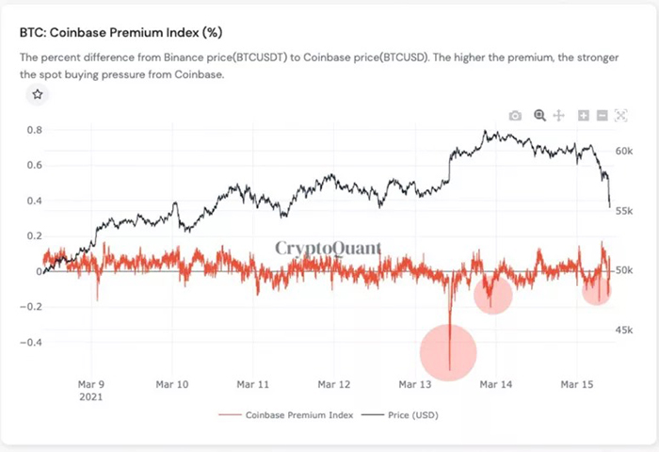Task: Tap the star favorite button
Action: point(37,94)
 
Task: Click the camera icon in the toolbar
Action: point(515,115)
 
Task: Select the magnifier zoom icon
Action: point(539,115)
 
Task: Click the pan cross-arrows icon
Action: point(558,115)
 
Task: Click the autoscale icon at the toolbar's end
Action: point(620,115)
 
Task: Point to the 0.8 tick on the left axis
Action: point(34,130)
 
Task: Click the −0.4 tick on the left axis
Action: point(31,343)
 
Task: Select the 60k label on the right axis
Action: point(623,151)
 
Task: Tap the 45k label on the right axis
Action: point(623,330)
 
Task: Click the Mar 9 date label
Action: point(89,384)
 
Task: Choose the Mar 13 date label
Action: point(415,384)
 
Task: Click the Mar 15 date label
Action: point(576,384)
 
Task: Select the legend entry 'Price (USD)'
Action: point(411,414)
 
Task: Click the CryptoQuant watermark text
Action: point(329,249)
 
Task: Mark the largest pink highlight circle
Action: point(448,353)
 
